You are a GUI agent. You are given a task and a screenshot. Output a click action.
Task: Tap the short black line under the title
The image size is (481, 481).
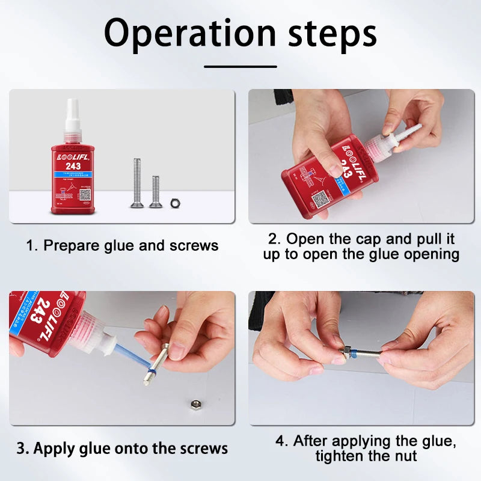240,67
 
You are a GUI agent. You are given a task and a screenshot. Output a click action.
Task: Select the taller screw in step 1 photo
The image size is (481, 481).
137,183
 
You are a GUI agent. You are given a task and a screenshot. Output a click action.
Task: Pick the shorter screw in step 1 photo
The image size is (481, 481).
156,191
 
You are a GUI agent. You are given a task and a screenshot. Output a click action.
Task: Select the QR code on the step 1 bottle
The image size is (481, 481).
85,194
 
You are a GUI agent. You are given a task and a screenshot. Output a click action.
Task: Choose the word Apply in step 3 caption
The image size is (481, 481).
52,449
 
